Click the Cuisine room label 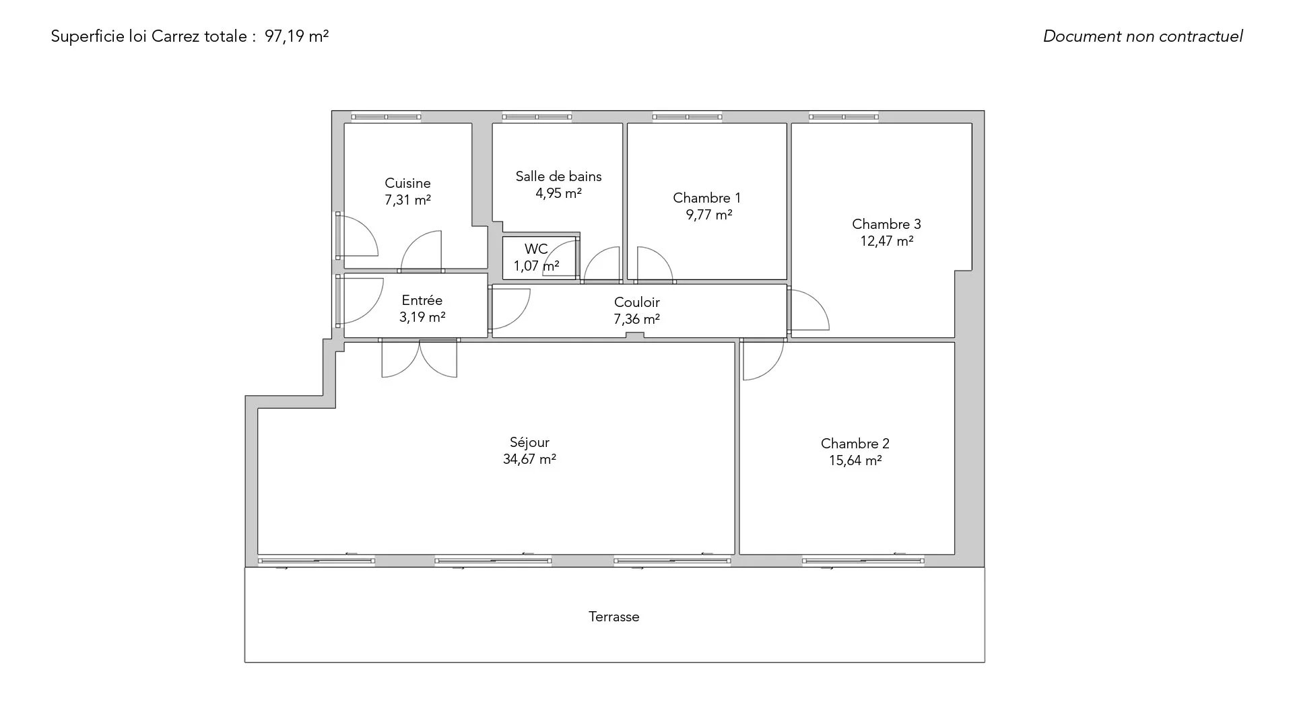[407, 183]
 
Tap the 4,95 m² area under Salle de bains [558, 193]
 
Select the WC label [536, 249]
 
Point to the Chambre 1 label [706, 198]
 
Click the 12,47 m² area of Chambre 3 [886, 241]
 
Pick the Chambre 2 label [855, 444]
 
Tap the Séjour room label [529, 442]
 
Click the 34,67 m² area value [529, 459]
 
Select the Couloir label [636, 302]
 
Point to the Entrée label [422, 300]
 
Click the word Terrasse [614, 617]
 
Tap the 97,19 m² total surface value [296, 36]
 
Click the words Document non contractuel [1143, 36]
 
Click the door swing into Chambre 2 [763, 359]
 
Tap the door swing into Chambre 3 [808, 310]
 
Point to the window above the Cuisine [386, 117]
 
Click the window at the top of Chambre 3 [844, 117]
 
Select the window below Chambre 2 [863, 561]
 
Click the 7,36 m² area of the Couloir [636, 319]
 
